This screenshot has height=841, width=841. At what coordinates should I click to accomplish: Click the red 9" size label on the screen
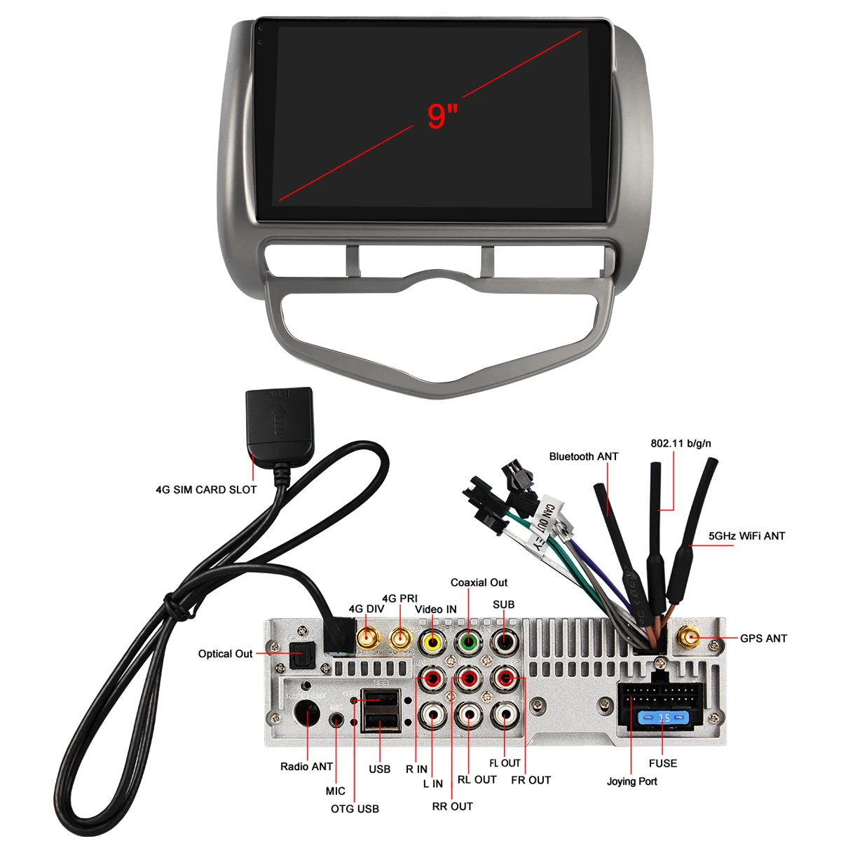coord(442,116)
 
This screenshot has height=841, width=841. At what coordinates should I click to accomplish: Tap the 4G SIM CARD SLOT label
coord(206,490)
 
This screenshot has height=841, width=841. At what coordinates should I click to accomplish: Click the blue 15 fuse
coord(663,718)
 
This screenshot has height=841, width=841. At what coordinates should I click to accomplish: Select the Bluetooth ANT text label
coord(583,456)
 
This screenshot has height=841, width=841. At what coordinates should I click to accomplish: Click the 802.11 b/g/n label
coord(681,443)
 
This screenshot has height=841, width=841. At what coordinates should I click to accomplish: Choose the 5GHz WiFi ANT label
coord(746,536)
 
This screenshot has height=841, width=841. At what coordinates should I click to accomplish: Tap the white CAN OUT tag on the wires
coord(545,517)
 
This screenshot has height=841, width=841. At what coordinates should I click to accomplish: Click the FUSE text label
coord(662,763)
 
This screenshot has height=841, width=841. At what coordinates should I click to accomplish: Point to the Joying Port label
coord(631,781)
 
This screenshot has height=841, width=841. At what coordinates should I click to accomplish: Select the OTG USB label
coord(355,809)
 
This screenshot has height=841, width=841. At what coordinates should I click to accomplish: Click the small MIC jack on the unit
coord(338,720)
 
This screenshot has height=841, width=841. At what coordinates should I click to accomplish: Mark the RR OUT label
coord(452,807)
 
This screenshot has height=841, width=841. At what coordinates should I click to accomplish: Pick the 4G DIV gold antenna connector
coord(367,638)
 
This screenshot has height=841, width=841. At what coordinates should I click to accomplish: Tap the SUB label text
coord(503,604)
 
